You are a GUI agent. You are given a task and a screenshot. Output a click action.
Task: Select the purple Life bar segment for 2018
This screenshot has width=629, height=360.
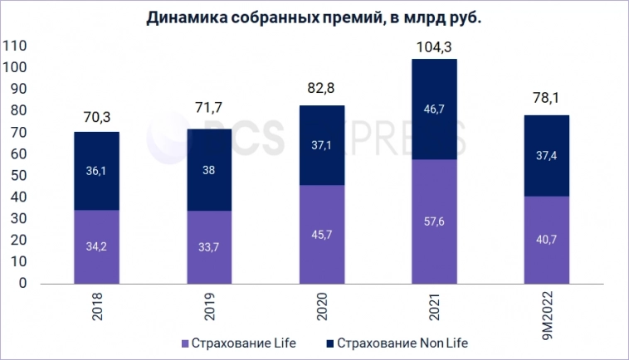click(x=96, y=257)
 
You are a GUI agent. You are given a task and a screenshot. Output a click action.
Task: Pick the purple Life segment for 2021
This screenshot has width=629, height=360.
click(x=434, y=232)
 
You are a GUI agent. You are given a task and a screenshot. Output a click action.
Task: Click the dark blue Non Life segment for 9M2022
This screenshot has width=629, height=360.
click(x=546, y=156)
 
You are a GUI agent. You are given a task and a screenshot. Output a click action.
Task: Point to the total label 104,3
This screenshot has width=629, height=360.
click(x=434, y=47)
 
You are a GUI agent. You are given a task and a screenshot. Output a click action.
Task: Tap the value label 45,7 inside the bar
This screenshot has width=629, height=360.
click(x=321, y=247)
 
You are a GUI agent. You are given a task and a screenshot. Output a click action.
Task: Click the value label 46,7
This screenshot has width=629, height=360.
click(x=434, y=108)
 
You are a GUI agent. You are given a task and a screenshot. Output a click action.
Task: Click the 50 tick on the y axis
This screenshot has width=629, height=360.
click(x=20, y=175)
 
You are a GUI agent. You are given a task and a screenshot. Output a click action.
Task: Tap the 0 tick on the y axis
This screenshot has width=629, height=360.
click(x=23, y=283)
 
